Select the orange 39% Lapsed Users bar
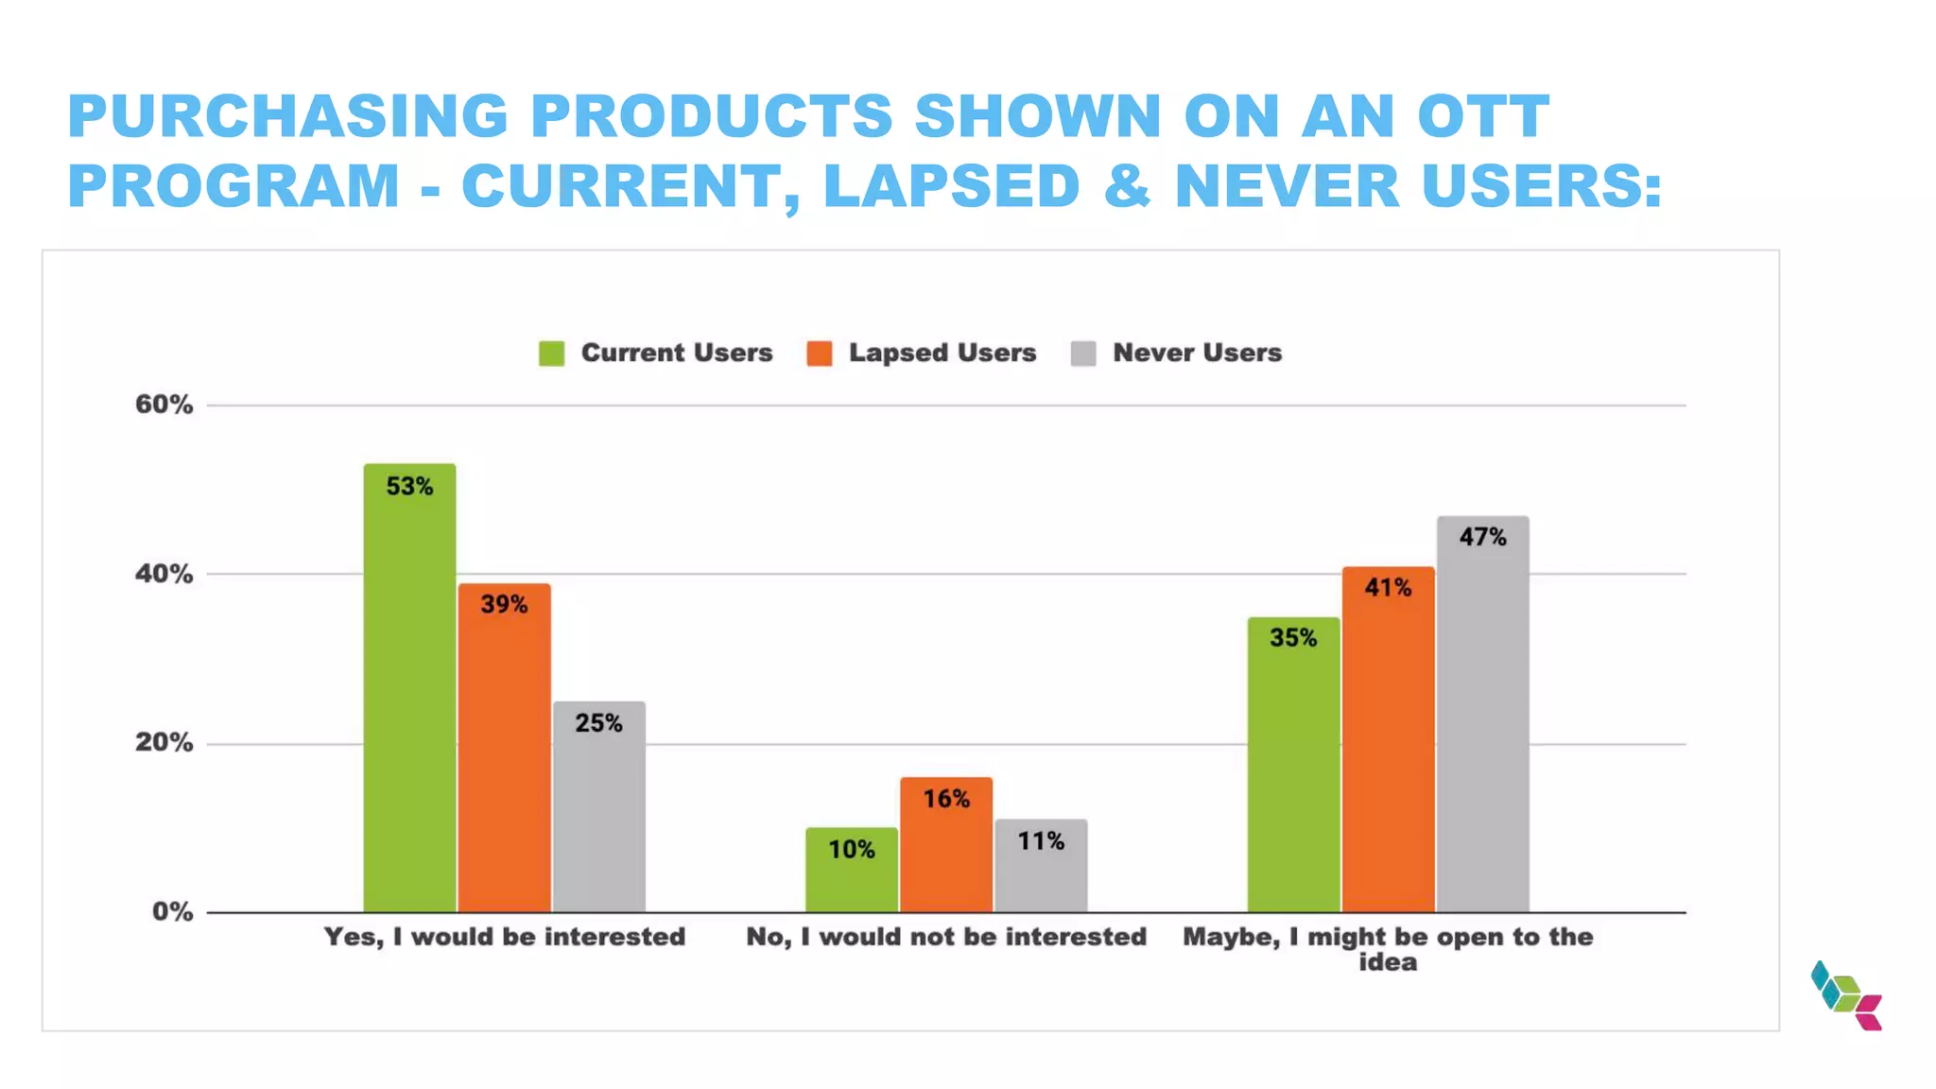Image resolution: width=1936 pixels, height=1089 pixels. click(504, 747)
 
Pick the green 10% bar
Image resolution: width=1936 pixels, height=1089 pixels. click(851, 870)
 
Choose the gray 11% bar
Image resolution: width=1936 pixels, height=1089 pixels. click(1041, 865)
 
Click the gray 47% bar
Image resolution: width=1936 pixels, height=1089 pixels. click(1482, 714)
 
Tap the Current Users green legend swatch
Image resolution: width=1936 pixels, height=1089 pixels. click(551, 354)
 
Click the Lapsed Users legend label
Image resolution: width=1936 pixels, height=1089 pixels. click(942, 353)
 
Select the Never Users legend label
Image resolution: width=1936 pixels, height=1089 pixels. click(1197, 353)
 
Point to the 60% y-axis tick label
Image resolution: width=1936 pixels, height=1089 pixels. click(164, 405)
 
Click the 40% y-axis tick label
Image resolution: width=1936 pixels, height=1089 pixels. click(164, 574)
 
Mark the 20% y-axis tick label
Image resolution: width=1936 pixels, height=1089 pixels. click(164, 743)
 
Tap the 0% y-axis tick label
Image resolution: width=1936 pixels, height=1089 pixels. click(172, 912)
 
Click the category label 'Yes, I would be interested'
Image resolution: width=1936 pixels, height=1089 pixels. click(504, 937)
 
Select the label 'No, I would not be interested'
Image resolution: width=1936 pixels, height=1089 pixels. click(945, 937)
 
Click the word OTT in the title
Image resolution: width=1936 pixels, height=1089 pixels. click(1482, 116)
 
